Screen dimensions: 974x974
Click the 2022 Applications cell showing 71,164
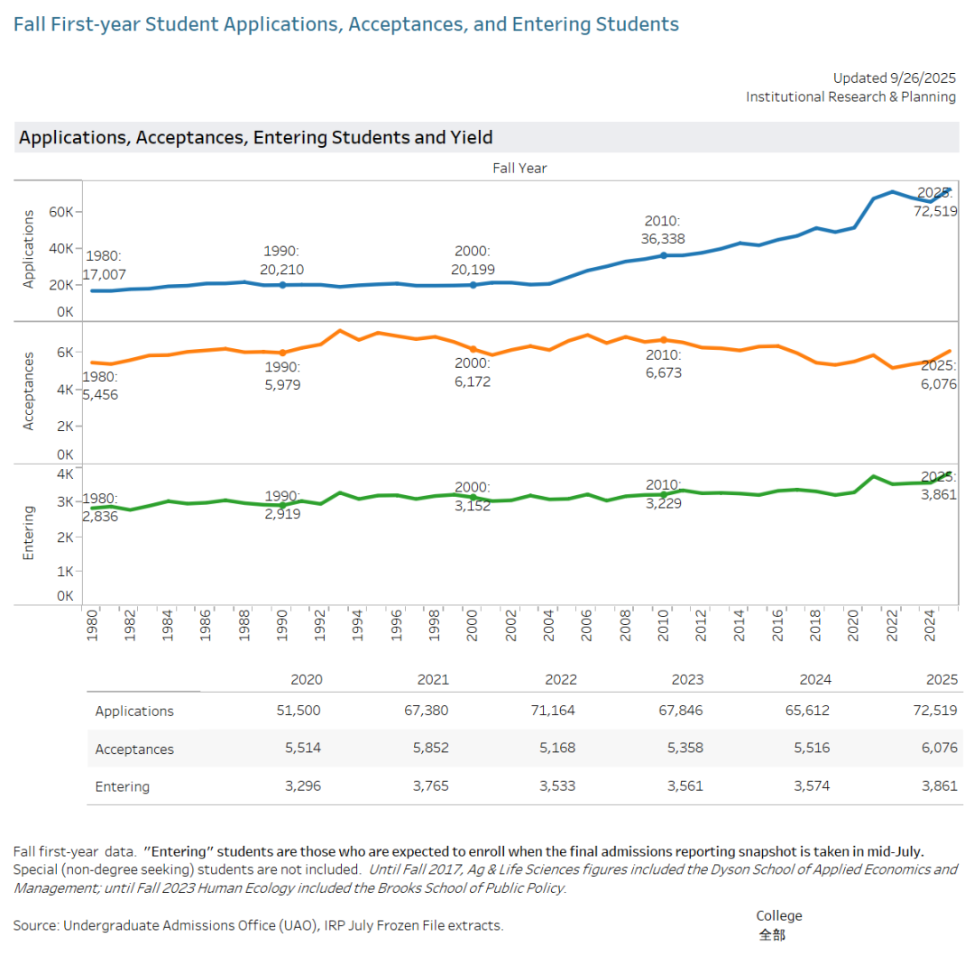[554, 711]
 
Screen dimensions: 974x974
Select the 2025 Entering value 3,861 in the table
[935, 786]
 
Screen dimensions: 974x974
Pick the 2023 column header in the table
[686, 679]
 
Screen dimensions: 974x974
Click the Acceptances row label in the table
[134, 749]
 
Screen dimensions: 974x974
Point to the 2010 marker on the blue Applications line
[664, 255]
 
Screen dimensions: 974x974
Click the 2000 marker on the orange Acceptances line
[473, 348]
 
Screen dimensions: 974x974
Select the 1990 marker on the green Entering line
[282, 506]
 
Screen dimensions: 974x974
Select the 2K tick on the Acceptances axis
[64, 426]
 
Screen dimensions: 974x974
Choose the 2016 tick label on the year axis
[777, 626]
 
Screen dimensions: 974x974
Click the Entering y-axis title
[28, 533]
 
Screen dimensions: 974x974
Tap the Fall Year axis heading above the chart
[519, 168]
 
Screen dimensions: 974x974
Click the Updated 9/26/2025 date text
[894, 78]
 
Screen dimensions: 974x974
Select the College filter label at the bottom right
[778, 915]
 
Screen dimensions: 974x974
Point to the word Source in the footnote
[35, 925]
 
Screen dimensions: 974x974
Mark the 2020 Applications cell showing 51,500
[299, 711]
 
